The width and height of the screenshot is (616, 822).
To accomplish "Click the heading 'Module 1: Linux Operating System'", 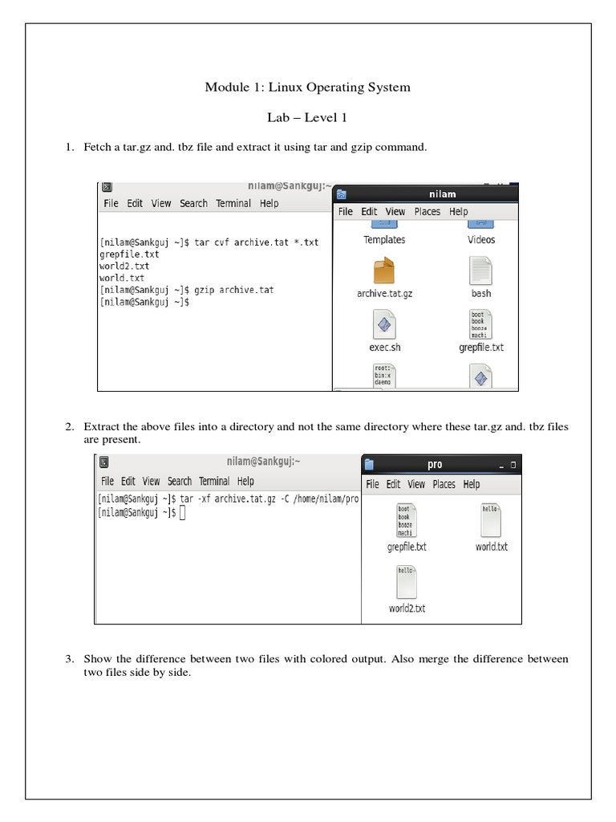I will [x=307, y=87].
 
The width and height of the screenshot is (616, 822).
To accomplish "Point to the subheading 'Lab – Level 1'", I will [x=307, y=117].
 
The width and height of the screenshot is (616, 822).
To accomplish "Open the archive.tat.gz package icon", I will [x=384, y=271].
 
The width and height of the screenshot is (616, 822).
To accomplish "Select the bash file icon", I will [x=480, y=271].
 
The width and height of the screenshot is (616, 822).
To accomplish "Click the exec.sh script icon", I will [x=384, y=325].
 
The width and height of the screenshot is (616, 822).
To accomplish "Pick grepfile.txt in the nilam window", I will [x=480, y=325].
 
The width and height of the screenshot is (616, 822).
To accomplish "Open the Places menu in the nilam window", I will [x=427, y=212].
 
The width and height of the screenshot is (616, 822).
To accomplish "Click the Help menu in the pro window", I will [x=472, y=484].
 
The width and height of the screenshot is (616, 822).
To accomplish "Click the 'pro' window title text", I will [x=435, y=464].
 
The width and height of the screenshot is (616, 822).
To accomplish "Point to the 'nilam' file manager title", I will [x=443, y=193].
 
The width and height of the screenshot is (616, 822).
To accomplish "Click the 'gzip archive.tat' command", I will [x=235, y=290].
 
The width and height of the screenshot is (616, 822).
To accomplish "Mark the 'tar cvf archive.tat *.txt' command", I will [x=257, y=242].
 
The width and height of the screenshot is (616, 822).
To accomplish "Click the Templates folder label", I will [x=384, y=240].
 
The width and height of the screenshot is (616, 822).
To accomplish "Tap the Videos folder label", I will [x=481, y=240].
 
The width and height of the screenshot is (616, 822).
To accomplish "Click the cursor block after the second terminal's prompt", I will [x=183, y=514].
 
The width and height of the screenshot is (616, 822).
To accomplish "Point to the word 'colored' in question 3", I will [x=318, y=659].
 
